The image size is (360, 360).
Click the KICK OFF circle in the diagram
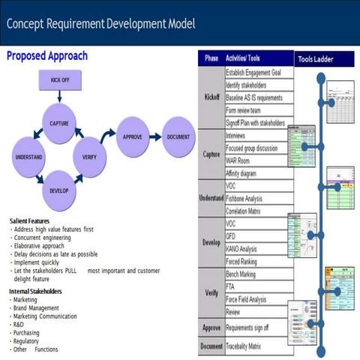pos(60,79)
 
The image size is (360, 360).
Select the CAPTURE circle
pos(60,123)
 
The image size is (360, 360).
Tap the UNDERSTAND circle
pos(28,157)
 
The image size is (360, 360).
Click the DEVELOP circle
pos(60,190)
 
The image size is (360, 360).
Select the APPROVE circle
pos(133,137)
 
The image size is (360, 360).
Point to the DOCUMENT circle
pos(178,137)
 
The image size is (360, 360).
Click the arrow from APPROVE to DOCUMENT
pos(154,137)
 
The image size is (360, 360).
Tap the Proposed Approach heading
pos(47,56)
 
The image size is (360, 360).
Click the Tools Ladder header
pos(315,58)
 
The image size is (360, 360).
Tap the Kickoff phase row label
pos(211,98)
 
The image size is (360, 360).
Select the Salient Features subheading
pos(30,221)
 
